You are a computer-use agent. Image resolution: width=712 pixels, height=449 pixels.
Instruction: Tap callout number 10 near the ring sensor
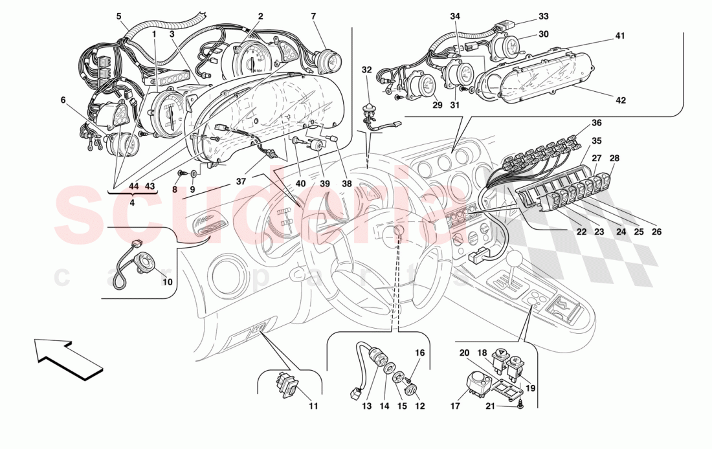click(x=167, y=282)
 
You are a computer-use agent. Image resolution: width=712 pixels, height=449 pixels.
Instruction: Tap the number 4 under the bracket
click(x=131, y=203)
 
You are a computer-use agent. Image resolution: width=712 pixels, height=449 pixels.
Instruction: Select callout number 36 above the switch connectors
click(x=596, y=123)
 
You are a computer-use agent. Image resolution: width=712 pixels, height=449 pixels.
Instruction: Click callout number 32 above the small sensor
click(x=367, y=69)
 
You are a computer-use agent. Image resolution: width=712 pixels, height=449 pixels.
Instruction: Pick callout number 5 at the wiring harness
click(x=119, y=16)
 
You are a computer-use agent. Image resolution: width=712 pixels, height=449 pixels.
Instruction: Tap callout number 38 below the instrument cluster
click(x=347, y=184)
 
